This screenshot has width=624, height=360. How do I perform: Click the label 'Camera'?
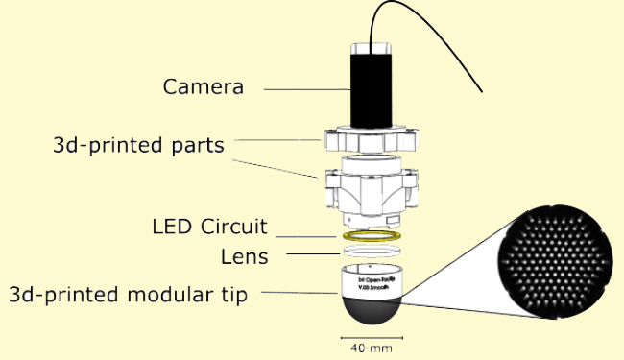203,87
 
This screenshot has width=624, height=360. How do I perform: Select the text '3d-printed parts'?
139,145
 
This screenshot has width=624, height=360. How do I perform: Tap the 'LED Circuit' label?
209,228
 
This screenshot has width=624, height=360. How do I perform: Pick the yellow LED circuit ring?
370,234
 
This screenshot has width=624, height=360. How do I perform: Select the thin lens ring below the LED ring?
370,251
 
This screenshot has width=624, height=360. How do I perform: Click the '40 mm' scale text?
371,348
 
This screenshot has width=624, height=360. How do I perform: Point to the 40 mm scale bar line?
371,337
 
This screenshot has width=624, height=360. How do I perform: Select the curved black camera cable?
442,38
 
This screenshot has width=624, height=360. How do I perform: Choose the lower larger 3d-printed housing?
370,187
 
